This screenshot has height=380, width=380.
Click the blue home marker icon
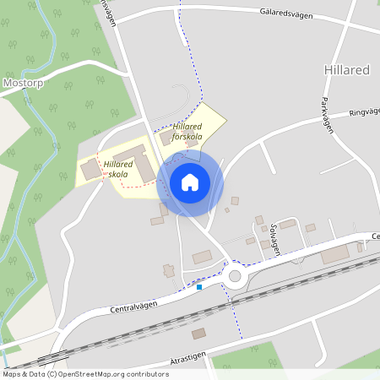pyautogui.click(x=190, y=182)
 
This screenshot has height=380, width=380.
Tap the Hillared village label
pyautogui.click(x=346, y=70)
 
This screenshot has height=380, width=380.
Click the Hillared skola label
pyautogui.click(x=117, y=169)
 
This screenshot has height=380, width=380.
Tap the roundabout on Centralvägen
pyautogui.click(x=235, y=275)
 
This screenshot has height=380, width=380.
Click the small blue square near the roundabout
pyautogui.click(x=199, y=287)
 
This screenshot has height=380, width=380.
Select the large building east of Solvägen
pyautogui.click(x=339, y=254)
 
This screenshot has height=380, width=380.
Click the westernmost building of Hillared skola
pyautogui.click(x=90, y=171)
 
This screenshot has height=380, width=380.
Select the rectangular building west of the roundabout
pyautogui.click(x=203, y=258)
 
